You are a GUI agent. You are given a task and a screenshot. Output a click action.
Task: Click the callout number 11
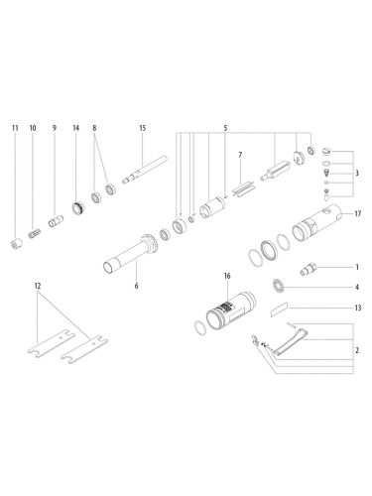15,129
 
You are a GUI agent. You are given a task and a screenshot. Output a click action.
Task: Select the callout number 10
33,129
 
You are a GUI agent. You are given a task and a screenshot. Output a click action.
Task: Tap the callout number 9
55,129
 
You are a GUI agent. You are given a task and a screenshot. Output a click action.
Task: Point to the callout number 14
75,129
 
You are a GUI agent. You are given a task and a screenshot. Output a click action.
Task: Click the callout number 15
142,129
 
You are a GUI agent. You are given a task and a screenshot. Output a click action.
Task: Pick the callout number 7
239,156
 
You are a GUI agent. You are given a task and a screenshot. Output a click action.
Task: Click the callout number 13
357,310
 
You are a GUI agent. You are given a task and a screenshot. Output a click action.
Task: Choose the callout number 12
38,287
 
